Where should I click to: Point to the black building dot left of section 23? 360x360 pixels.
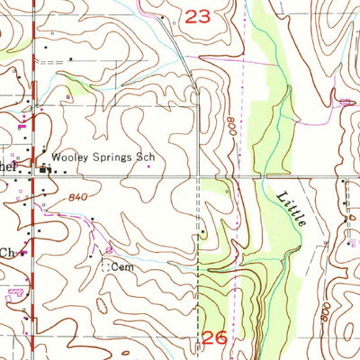coord(162,17)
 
